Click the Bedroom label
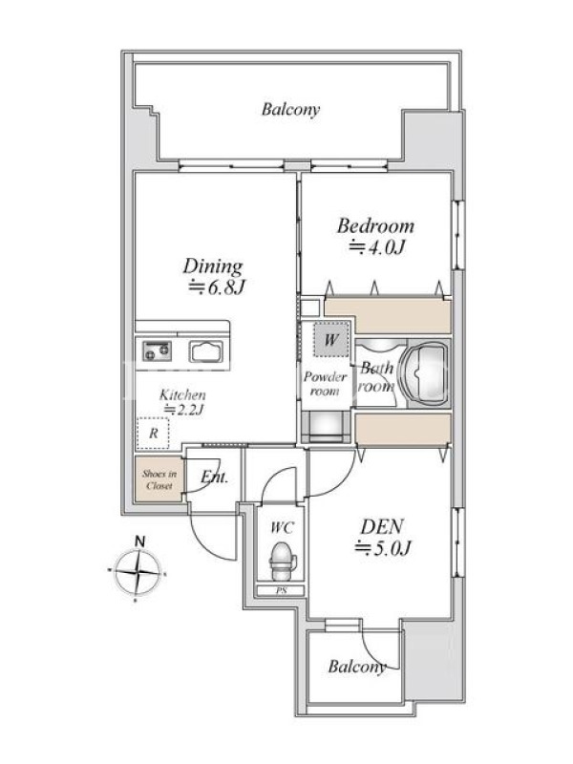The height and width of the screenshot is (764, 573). pyautogui.click(x=375, y=225)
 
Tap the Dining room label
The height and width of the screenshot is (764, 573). pyautogui.click(x=213, y=266)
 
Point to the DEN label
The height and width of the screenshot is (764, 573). pyautogui.click(x=382, y=527)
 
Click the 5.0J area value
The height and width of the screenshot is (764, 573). pyautogui.click(x=383, y=548)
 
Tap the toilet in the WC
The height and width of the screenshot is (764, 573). pyautogui.click(x=283, y=562)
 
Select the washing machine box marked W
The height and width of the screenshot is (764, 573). pyautogui.click(x=331, y=339)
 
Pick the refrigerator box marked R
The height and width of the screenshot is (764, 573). pyautogui.click(x=153, y=433)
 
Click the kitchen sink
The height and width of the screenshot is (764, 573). pyautogui.click(x=207, y=351)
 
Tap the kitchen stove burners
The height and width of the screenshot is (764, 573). pyautogui.click(x=157, y=350)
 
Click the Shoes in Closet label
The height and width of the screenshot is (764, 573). pyautogui.click(x=159, y=479)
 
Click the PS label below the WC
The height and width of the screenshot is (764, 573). pyautogui.click(x=282, y=591)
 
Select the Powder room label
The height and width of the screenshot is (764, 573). pyautogui.click(x=325, y=384)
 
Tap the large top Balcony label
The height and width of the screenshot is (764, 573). pyautogui.click(x=291, y=109)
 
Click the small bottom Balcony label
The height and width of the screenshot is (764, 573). pyautogui.click(x=357, y=666)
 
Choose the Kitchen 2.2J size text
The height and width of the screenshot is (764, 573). pyautogui.click(x=183, y=410)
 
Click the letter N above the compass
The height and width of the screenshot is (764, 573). pyautogui.click(x=139, y=541)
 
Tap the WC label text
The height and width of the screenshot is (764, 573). pyautogui.click(x=282, y=527)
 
